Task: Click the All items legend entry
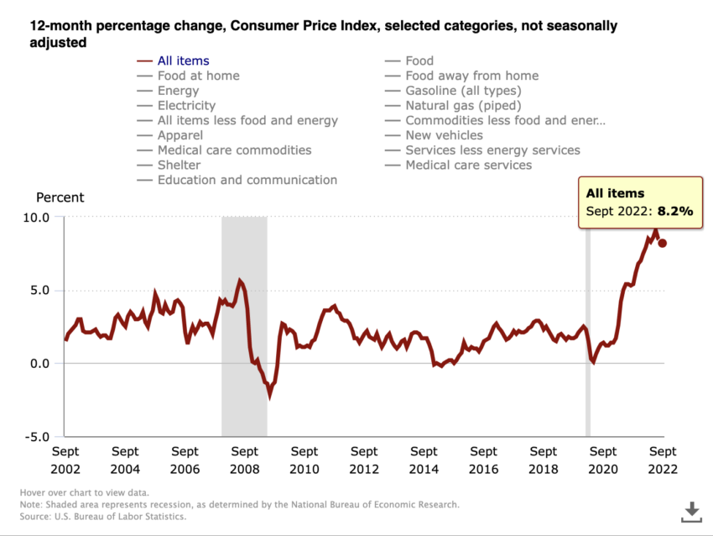click(183, 60)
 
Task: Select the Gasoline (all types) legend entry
click(463, 91)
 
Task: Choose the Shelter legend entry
click(179, 165)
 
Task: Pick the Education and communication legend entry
click(247, 180)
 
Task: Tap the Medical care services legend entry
click(468, 165)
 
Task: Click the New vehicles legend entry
click(444, 135)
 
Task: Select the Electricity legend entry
click(186, 106)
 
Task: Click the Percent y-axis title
click(60, 197)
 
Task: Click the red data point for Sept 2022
click(663, 243)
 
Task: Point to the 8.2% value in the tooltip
click(675, 212)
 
